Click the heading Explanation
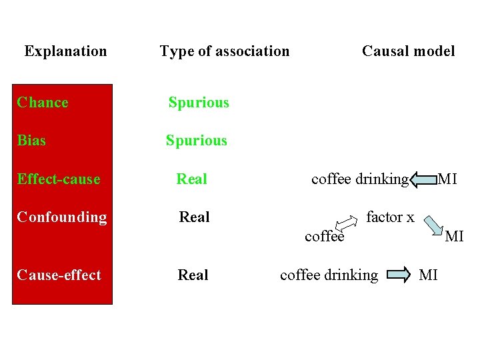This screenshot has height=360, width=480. point(65,51)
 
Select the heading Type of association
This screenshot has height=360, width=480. point(225,51)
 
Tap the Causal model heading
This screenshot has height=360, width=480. point(408,51)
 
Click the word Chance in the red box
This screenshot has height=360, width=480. point(43,103)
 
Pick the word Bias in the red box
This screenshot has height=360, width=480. point(31,141)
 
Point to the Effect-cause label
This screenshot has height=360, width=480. point(59,179)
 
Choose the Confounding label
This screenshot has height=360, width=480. point(62,217)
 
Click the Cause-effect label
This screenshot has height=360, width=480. point(59,275)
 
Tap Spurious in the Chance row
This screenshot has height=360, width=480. point(199,103)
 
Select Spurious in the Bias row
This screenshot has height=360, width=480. point(197,141)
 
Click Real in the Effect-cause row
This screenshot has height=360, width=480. point(192,179)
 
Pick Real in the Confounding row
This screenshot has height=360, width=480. point(195,217)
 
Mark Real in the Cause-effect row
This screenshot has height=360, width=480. point(193,275)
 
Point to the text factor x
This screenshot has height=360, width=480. point(391,217)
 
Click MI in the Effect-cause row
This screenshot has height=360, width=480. point(447,179)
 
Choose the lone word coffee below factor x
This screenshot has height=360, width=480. point(325,237)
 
